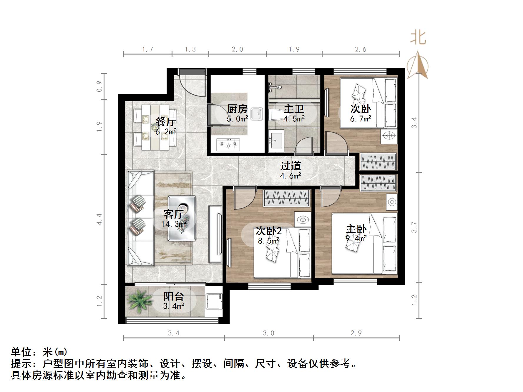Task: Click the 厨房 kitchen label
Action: (x=237, y=109)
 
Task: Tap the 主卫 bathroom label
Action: (x=294, y=109)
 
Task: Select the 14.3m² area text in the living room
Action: (x=174, y=224)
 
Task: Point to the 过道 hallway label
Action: (x=290, y=166)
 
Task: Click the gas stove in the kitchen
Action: (x=228, y=144)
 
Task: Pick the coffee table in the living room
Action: (x=182, y=218)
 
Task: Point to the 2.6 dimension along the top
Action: (x=361, y=49)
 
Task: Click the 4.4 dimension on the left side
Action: (x=99, y=219)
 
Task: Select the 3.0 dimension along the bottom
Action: (x=268, y=333)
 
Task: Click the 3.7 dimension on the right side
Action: (x=414, y=227)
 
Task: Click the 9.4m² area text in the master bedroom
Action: (x=356, y=238)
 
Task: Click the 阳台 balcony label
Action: (x=174, y=296)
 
